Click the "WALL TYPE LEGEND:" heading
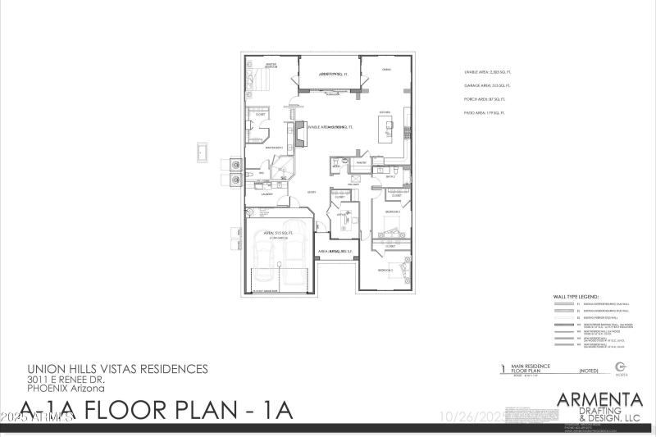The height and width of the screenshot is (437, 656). [x=577, y=297]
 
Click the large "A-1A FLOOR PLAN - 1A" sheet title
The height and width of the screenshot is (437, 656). [x=156, y=410]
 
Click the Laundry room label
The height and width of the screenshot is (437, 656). [x=266, y=194]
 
